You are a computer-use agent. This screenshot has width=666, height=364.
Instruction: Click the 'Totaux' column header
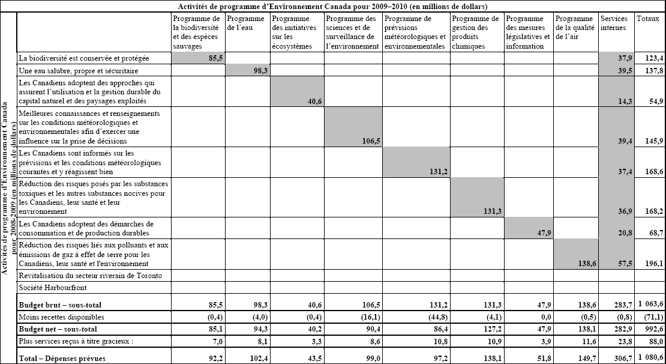647,19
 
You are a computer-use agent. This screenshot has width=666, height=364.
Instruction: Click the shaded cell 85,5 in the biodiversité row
213,58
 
